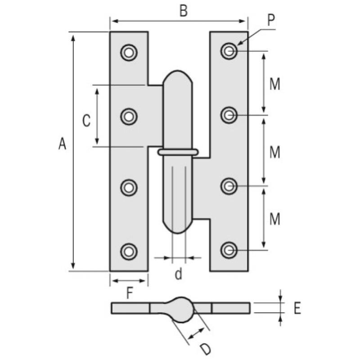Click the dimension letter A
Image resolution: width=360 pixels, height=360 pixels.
click(62, 144)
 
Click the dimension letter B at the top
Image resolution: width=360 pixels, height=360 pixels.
click(183, 11)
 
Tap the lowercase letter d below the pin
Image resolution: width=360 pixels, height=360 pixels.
click(179, 274)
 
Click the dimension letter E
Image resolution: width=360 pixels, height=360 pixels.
click(297, 308)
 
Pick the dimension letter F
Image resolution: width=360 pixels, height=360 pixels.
click(130, 293)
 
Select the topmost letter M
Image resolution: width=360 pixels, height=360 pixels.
click(274, 84)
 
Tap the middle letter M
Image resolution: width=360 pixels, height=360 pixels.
click(274, 153)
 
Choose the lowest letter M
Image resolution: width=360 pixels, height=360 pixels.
click(274, 220)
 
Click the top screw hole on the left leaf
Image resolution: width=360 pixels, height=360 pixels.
click(129, 53)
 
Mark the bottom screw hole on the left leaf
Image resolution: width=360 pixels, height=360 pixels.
click(129, 251)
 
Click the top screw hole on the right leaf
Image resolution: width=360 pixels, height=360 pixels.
click(229, 51)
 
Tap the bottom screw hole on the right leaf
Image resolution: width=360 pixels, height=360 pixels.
click(229, 250)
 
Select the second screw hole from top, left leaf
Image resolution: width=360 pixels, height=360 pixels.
click(129, 117)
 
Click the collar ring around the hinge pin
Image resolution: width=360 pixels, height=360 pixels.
click(178, 152)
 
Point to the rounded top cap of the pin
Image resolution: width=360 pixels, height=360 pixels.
click(178, 79)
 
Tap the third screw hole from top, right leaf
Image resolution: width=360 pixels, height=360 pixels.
click(229, 186)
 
